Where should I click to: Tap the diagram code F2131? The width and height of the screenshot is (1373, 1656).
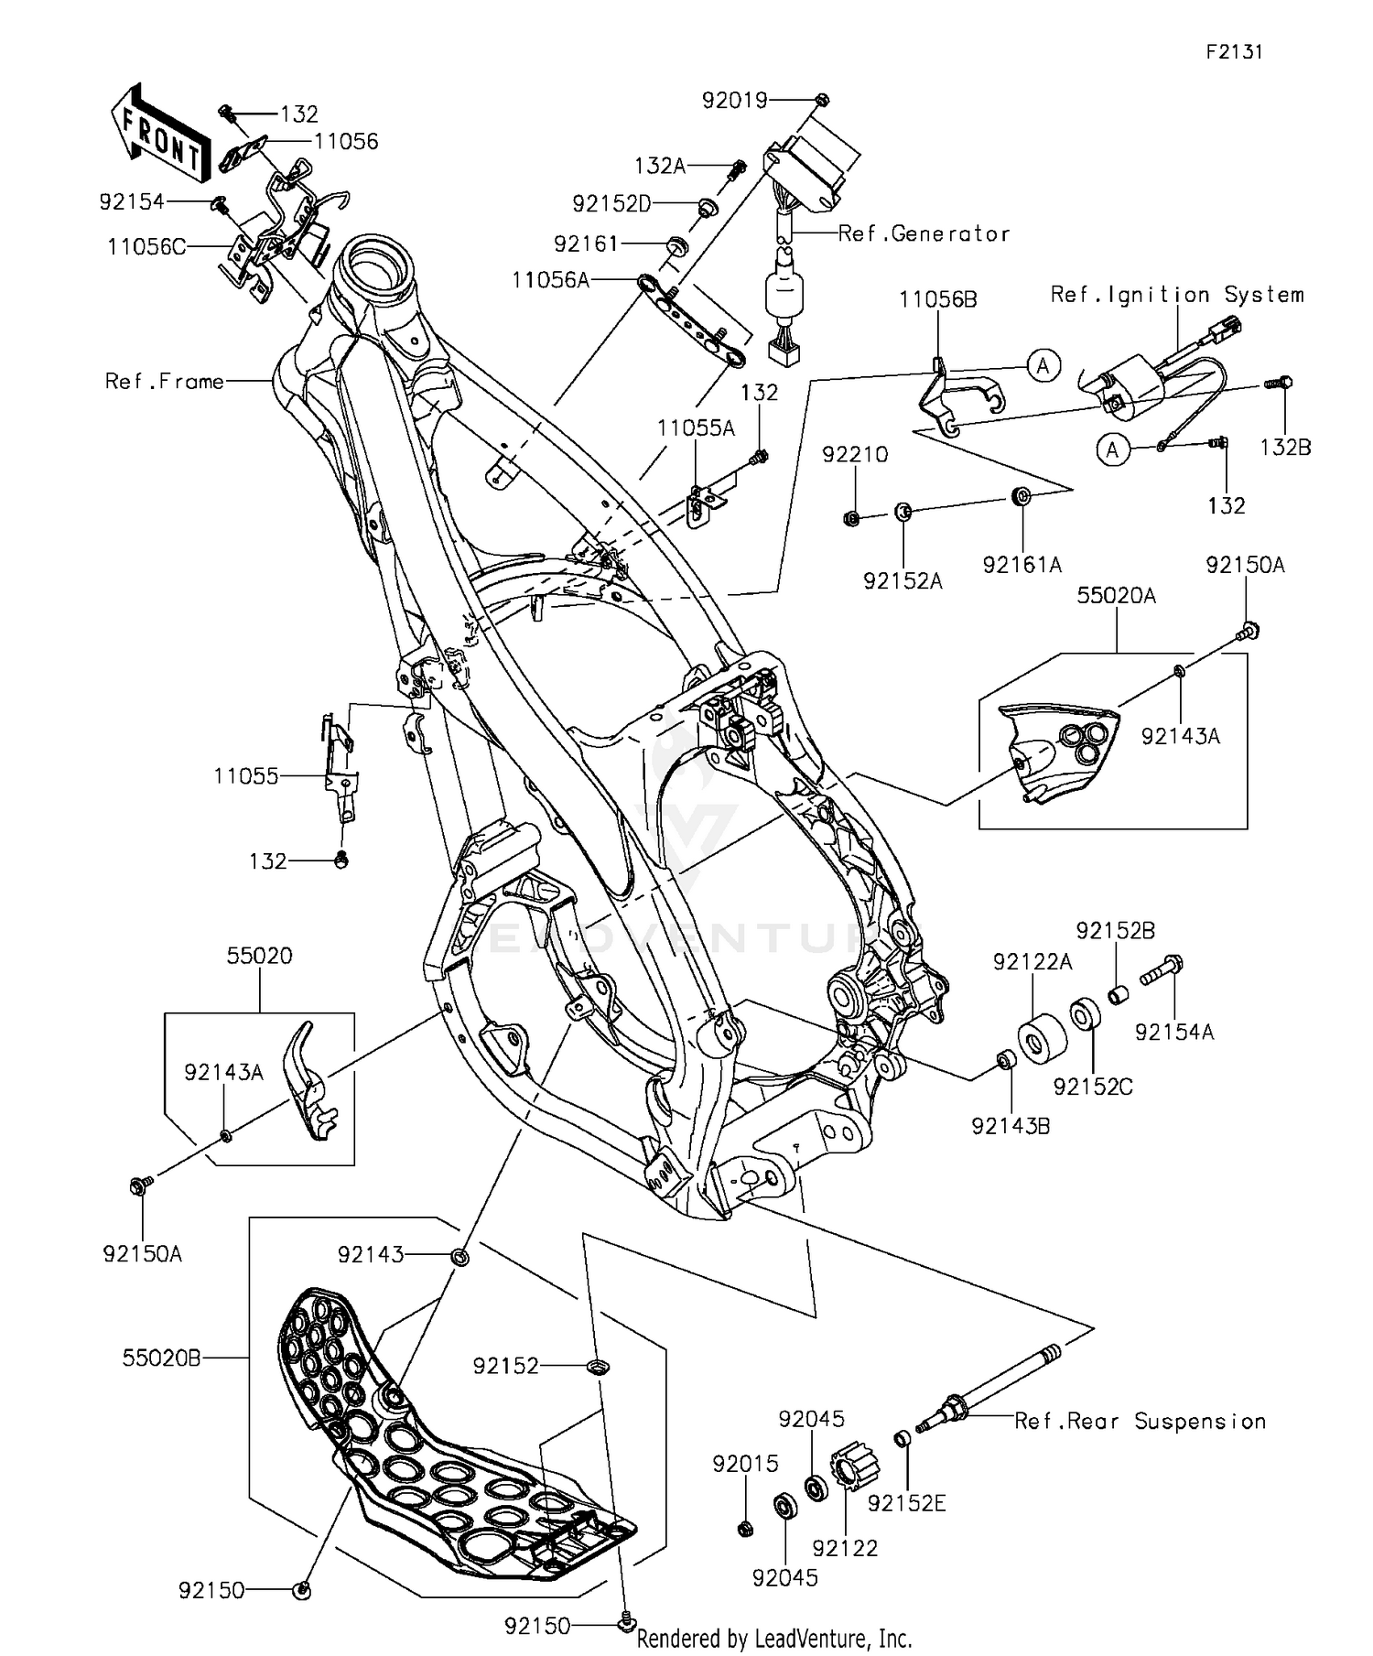tap(1233, 52)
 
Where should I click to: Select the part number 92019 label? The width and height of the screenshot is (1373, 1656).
tap(734, 100)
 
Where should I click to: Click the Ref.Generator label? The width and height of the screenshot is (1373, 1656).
tap(924, 234)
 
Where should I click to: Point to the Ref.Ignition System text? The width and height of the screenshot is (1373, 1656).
tap(1176, 295)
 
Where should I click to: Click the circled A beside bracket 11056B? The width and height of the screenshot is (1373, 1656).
tap(1042, 366)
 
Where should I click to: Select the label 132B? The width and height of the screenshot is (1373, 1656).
tap(1285, 447)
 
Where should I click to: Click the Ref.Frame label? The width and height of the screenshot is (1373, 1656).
tap(164, 382)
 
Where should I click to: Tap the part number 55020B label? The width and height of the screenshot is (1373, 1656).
tap(161, 1358)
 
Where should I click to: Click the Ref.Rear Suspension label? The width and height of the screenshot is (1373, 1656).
tap(1140, 1421)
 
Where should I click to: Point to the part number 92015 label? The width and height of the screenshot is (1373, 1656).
tap(745, 1464)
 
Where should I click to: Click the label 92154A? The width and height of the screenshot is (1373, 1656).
tap(1173, 1032)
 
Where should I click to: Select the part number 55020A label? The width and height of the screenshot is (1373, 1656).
tap(1116, 596)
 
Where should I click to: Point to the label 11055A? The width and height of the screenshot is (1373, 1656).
tap(696, 428)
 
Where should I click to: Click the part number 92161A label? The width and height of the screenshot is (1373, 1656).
tap(1022, 565)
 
